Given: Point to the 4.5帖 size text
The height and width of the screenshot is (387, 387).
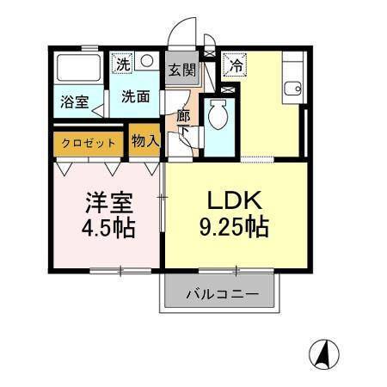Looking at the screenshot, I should (x=107, y=231).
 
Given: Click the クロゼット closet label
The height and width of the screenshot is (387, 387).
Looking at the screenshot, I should (x=89, y=143).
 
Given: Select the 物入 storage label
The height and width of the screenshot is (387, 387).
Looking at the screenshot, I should (x=145, y=142).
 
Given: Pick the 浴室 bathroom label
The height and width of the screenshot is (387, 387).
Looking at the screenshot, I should (x=73, y=102).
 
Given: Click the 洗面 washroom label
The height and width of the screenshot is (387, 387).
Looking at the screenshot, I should (x=135, y=96).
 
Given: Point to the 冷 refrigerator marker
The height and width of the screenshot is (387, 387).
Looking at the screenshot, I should (x=234, y=63).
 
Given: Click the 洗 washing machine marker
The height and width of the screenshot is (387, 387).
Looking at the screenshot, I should (x=123, y=63).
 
